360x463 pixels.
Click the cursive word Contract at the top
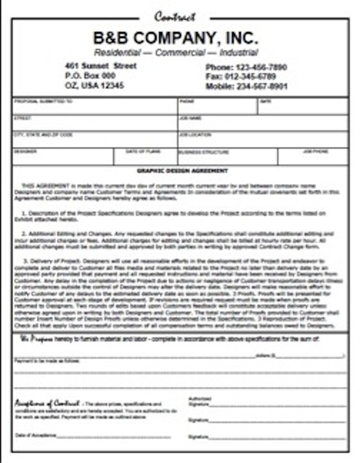(175, 17)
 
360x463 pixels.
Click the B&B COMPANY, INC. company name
(175, 38)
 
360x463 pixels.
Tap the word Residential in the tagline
(117, 53)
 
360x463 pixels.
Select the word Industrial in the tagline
(238, 53)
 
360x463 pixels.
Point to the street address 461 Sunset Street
(101, 66)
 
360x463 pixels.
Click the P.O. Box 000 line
(90, 76)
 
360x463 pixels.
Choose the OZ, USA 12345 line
(94, 86)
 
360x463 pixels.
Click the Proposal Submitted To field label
(43, 102)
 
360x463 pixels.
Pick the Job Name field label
(190, 118)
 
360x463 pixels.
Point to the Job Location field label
(195, 135)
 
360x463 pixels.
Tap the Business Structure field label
(204, 152)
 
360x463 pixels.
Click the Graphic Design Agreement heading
(182, 171)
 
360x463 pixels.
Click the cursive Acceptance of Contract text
(47, 403)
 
